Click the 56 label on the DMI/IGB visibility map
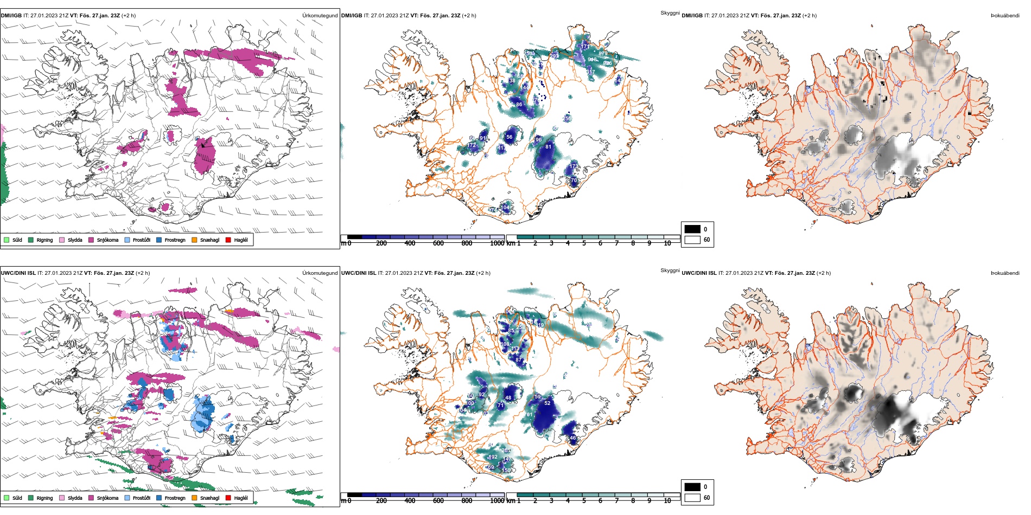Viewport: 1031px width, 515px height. coord(510,137)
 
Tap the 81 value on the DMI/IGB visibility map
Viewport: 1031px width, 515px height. coord(548,147)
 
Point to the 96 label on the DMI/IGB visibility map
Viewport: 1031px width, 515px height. coord(538,140)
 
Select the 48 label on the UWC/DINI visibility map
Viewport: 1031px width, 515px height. coord(508,398)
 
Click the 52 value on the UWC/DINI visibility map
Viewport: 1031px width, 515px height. coord(547,403)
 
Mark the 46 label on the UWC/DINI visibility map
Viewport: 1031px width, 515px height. coord(572,438)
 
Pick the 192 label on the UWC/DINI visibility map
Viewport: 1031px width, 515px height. coord(493,457)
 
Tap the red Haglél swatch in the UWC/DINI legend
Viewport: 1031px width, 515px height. coord(228,498)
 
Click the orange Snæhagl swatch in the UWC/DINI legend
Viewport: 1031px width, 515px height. coord(194,498)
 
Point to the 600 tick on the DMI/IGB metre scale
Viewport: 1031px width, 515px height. coord(438,243)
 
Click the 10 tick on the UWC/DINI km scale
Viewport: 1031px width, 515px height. coord(667,501)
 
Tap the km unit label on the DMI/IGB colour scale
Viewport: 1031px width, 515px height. coord(511,243)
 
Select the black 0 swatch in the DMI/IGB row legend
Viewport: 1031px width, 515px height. coord(692,229)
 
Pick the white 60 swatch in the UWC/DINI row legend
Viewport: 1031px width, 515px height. coord(692,498)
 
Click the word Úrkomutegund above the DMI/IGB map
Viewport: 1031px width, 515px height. coord(320,16)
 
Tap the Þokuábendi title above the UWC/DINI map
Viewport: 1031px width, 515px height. coord(1005,273)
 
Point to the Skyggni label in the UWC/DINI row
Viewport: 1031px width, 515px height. coord(670,271)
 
